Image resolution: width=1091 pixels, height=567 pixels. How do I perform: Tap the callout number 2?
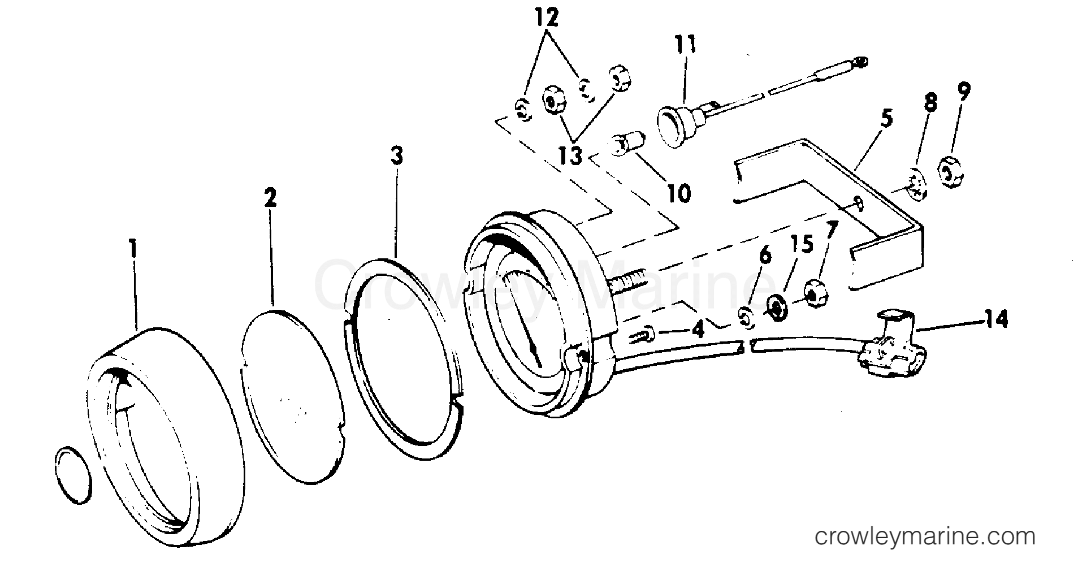click(x=271, y=198)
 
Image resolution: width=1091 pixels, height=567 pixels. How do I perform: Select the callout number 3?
click(x=397, y=155)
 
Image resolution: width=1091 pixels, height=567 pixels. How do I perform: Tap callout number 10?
click(x=678, y=193)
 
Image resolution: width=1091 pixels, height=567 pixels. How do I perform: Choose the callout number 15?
click(x=802, y=245)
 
